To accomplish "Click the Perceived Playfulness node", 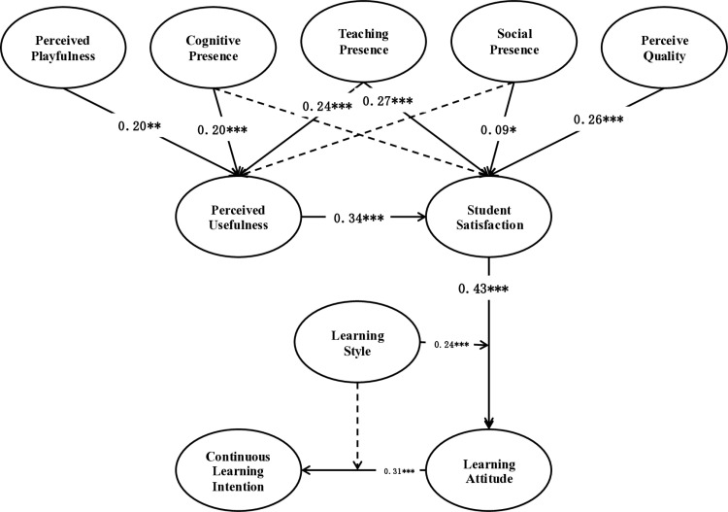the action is [64, 47].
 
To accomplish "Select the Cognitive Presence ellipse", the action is [214, 47].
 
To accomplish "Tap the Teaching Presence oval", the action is [364, 41].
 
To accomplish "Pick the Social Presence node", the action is [514, 41].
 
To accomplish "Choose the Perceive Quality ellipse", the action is [664, 47].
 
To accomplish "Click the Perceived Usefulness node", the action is [238, 217].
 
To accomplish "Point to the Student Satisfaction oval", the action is [489, 217].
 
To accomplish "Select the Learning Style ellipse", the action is [357, 342].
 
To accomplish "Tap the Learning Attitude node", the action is [489, 470].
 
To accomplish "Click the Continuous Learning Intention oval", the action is [238, 470].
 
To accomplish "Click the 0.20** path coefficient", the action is [139, 125].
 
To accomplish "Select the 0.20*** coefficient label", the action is [222, 130].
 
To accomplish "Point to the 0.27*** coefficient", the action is [387, 101].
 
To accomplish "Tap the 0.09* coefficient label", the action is [498, 130].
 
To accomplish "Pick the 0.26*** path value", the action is [599, 119].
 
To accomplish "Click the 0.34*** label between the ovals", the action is [359, 218].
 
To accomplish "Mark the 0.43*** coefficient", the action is [483, 289].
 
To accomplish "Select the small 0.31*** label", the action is [399, 471].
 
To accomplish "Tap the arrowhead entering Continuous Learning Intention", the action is [307, 470].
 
